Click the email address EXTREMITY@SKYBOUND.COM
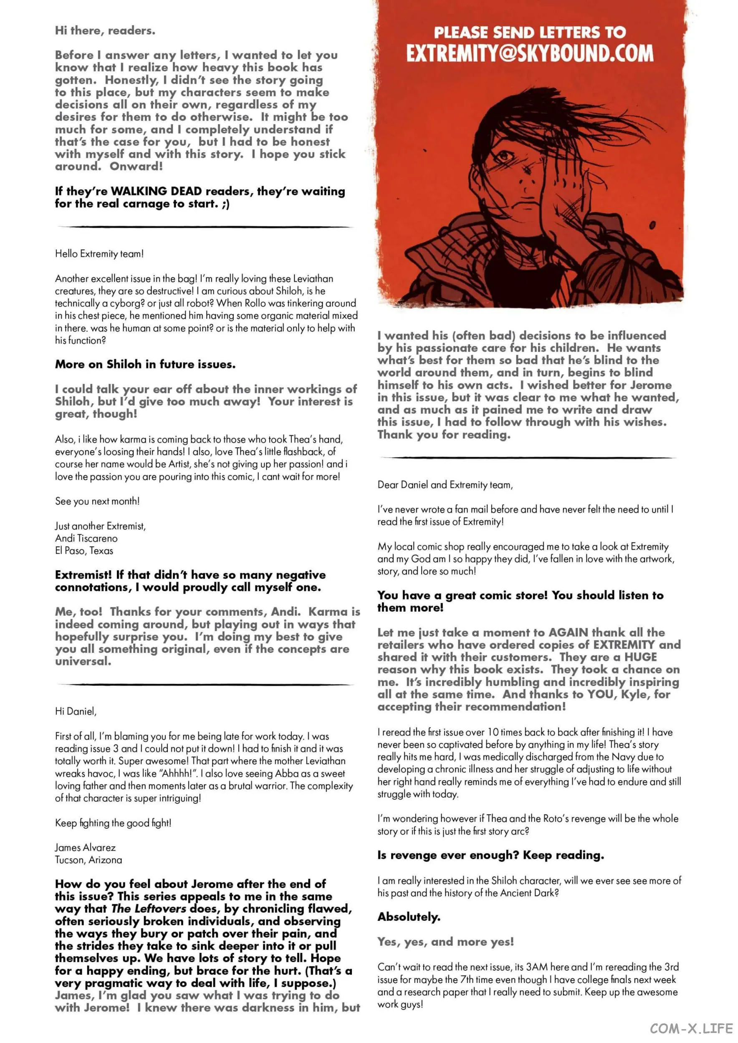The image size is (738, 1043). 529,53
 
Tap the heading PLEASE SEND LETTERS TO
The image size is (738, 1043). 529,32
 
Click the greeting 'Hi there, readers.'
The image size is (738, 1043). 105,30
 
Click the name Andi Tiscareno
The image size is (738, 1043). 86,538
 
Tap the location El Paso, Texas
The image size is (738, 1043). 84,551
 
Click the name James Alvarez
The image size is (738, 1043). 86,848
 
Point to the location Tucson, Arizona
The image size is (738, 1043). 88,860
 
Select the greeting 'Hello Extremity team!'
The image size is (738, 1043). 99,254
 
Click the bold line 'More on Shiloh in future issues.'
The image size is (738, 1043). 145,364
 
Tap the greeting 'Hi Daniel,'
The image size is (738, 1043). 76,711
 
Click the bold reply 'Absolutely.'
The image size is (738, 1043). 409,917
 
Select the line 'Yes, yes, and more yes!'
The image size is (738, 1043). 445,942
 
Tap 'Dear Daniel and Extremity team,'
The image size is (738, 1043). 445,485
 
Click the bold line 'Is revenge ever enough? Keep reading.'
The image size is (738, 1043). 491,855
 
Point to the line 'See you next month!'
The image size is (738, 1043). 97,501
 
